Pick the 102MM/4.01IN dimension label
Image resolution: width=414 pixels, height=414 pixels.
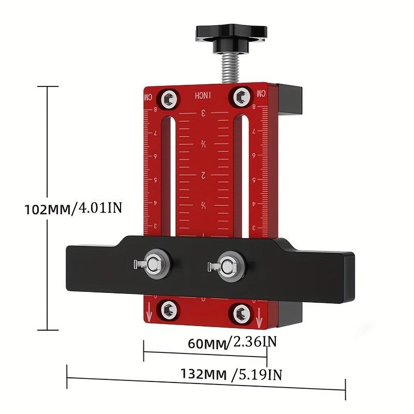[x=73, y=209]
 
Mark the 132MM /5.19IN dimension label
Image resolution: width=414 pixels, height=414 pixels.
[x=231, y=374]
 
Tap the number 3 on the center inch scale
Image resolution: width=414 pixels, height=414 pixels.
[x=204, y=113]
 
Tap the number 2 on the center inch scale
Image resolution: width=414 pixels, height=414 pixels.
[x=204, y=175]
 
